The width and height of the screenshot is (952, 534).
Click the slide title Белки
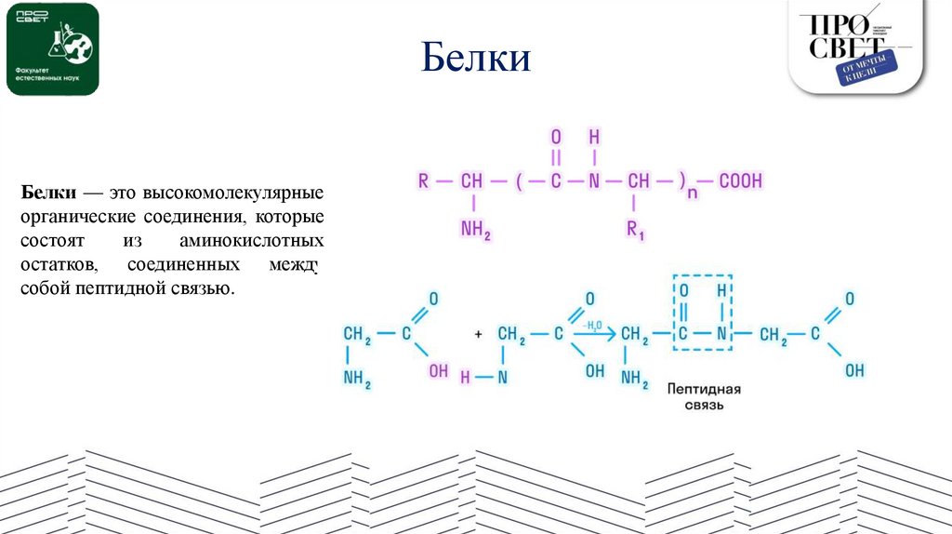475,60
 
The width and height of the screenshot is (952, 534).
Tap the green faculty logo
52,49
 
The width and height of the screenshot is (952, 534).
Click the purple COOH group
740,180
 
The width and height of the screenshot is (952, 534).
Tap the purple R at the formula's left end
424,180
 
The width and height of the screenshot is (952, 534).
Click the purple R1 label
636,230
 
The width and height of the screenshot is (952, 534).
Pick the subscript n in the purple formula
692,192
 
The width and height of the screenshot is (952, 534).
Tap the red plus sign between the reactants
478,333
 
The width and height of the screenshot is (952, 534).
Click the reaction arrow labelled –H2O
593,332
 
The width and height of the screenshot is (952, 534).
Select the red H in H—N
466,377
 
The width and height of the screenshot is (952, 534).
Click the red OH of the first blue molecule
438,371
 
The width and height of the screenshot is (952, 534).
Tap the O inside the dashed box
683,288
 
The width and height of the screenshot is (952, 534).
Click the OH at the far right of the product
853,371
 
